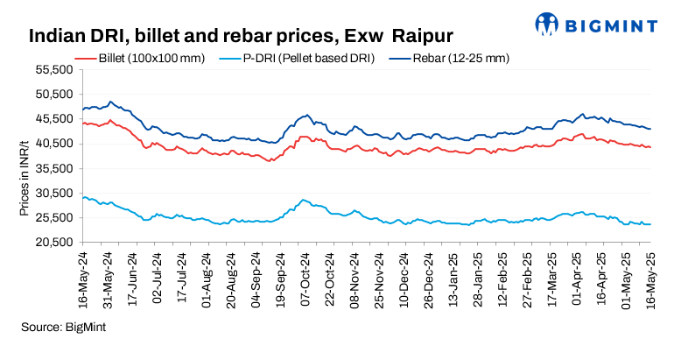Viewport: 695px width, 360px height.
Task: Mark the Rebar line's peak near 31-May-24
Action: [109, 102]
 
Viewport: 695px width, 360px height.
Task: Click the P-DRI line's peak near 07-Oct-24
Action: [303, 200]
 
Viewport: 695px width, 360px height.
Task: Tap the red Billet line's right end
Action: [650, 147]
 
